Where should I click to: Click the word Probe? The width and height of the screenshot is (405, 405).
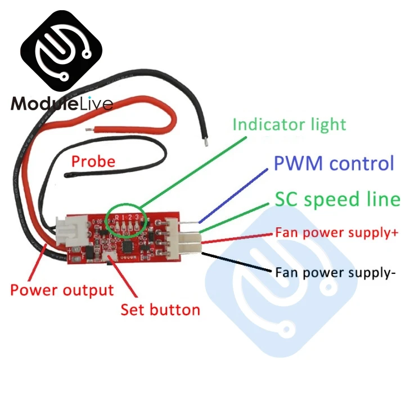[93, 162]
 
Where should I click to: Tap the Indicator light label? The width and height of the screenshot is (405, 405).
[289, 124]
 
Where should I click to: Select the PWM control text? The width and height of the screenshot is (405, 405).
[334, 164]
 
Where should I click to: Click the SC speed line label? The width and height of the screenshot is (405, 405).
[337, 199]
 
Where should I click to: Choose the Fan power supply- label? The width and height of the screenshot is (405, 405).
[336, 273]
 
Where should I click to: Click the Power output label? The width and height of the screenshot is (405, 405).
[62, 290]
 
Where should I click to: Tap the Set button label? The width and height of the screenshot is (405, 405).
[160, 309]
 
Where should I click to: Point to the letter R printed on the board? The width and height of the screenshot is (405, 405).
[116, 217]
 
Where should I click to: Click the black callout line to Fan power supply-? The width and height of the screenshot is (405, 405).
[236, 262]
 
